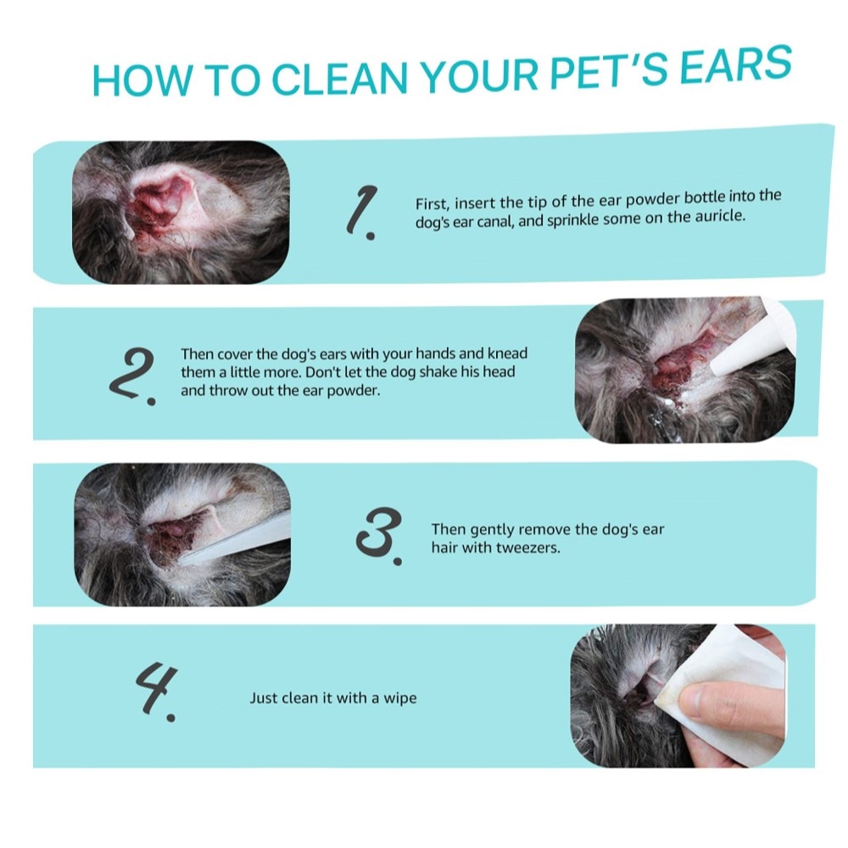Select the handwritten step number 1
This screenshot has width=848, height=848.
362,211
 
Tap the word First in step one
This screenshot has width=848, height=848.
432,204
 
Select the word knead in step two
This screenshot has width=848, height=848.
507,353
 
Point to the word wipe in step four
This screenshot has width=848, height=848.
400,698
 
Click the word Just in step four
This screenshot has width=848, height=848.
264,698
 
